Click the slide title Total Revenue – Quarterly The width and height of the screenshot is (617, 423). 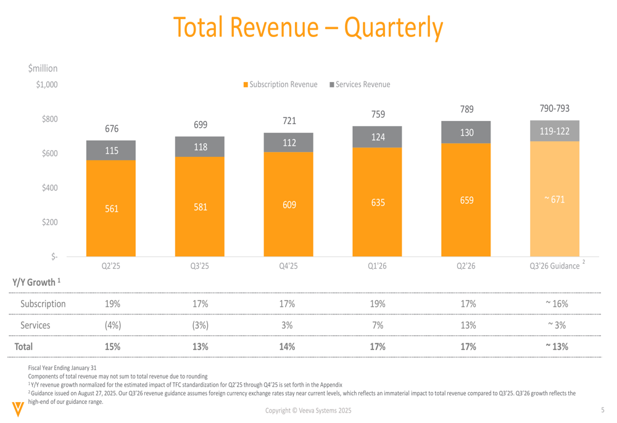click(308, 27)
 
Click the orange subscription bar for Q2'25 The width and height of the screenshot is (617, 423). click(111, 208)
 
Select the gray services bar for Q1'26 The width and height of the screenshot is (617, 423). click(378, 137)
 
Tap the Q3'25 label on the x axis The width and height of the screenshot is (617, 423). click(200, 266)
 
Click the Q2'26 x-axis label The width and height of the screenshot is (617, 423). click(466, 266)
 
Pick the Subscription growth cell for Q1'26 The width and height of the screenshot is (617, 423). click(378, 304)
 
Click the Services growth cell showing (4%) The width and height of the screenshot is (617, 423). click(112, 325)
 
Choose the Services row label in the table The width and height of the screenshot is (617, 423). click(35, 325)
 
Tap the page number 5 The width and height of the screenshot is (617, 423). click(603, 411)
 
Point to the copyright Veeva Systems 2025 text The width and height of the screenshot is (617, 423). click(309, 411)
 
